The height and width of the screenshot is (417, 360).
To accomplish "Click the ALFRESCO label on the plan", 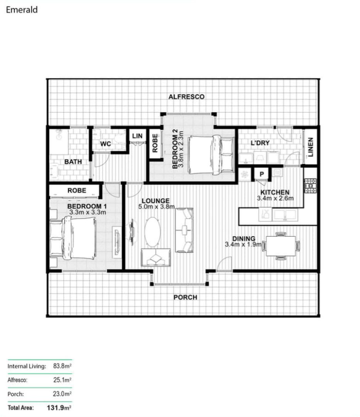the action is (x=186, y=97).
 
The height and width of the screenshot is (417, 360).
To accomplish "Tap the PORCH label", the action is (x=186, y=297).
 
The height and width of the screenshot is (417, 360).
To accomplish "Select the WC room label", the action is (x=105, y=144).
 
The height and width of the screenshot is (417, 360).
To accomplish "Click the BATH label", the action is (x=73, y=162).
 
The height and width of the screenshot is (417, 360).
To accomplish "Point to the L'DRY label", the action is (x=260, y=143).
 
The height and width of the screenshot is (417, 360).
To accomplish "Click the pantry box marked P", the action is (x=262, y=174).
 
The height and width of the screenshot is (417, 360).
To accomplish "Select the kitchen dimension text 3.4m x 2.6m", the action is (x=275, y=198).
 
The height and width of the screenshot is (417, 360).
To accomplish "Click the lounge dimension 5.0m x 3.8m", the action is (x=157, y=207).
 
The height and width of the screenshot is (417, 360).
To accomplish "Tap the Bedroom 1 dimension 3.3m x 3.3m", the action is (x=88, y=212).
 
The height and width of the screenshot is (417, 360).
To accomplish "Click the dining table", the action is (x=281, y=246).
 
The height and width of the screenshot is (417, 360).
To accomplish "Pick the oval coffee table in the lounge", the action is (x=152, y=232).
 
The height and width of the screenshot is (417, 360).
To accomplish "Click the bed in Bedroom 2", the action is (x=211, y=155).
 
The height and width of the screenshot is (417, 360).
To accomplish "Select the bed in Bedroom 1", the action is (x=73, y=238).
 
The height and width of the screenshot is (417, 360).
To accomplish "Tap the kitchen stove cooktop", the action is (x=310, y=186).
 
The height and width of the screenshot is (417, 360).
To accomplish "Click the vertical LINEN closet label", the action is (x=310, y=147).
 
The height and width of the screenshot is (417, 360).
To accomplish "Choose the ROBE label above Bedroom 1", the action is (x=77, y=191).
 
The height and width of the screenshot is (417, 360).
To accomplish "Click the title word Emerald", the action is (x=22, y=10).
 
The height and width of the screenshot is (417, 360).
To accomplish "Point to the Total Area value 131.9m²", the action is (x=59, y=407).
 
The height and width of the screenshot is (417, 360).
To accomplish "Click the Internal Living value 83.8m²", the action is (x=62, y=366).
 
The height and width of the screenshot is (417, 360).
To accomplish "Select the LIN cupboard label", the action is (x=137, y=136).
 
